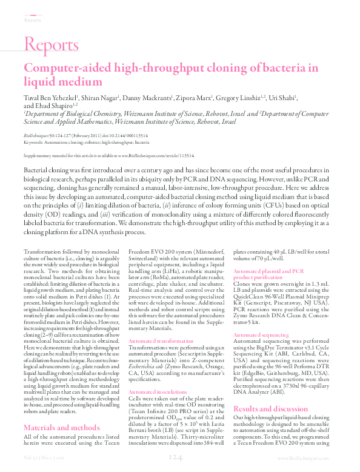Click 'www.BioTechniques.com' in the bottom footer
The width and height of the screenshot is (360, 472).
(315, 460)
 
